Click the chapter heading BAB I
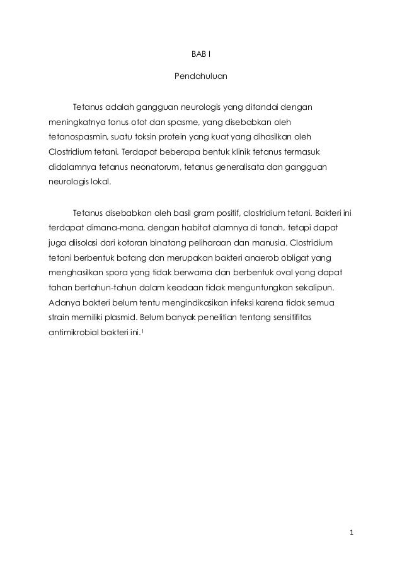(200, 55)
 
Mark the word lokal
(98, 182)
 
